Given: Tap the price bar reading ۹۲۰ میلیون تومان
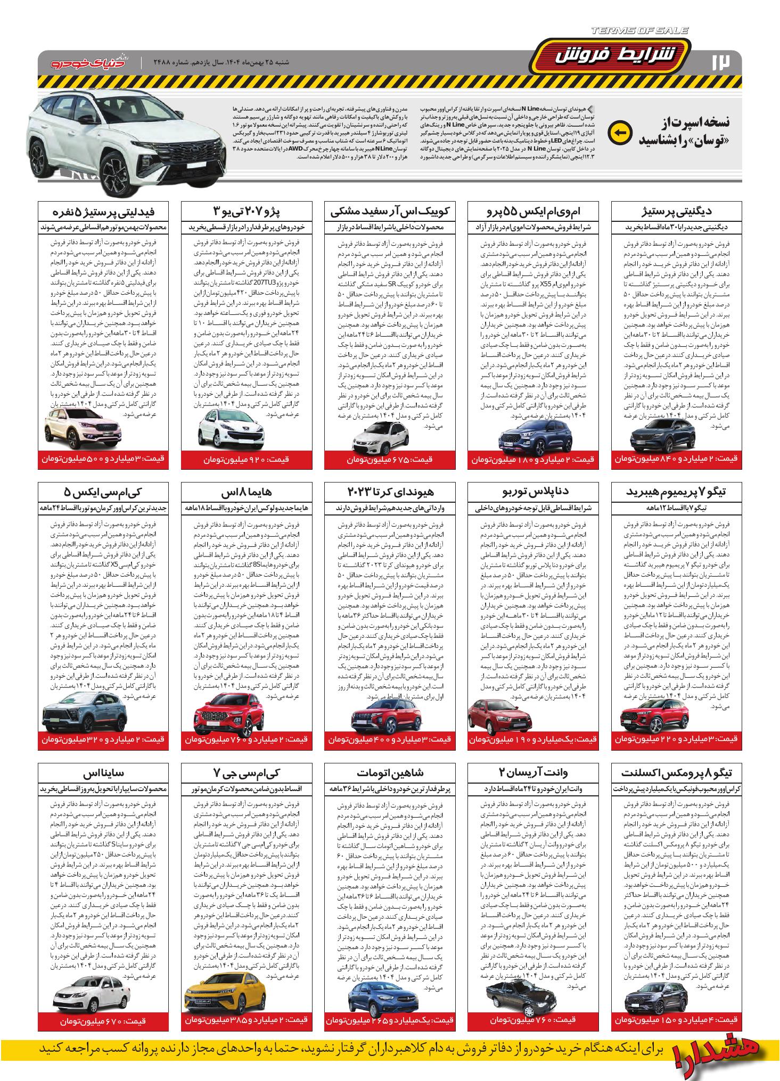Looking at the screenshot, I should (246, 459).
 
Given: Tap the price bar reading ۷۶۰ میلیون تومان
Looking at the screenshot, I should (533, 1020).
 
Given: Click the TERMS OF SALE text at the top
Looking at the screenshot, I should (638, 31).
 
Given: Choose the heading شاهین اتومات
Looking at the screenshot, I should (390, 772).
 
